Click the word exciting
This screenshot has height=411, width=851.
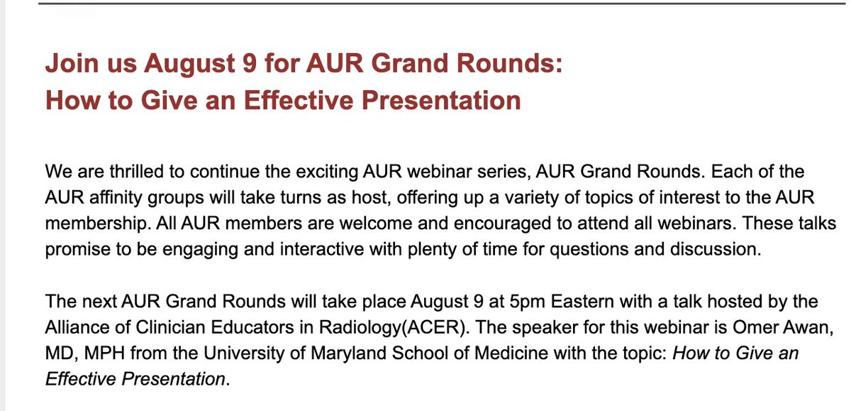click(308, 172)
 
